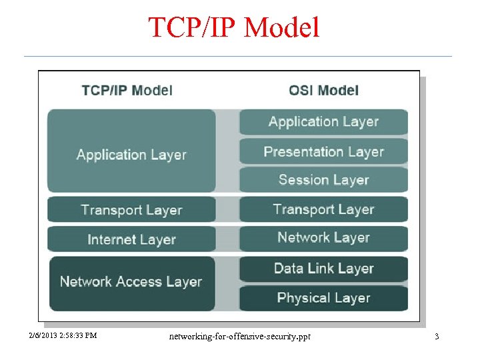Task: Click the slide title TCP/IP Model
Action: pyautogui.click(x=234, y=27)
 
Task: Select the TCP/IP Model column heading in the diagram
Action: pyautogui.click(x=127, y=91)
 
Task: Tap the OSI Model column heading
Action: pyautogui.click(x=323, y=91)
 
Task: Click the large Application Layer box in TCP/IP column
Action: pyautogui.click(x=131, y=152)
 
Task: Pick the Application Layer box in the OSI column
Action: pyautogui.click(x=323, y=122)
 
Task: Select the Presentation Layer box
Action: pyautogui.click(x=323, y=151)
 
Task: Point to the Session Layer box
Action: pyautogui.click(x=323, y=180)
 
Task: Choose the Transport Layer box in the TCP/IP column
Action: pyautogui.click(x=131, y=209)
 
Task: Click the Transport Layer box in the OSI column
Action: pyautogui.click(x=323, y=209)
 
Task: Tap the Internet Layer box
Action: pyautogui.click(x=131, y=239)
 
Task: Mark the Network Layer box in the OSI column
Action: pyautogui.click(x=323, y=238)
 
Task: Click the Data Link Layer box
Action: pyautogui.click(x=323, y=269)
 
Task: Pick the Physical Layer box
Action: pyautogui.click(x=323, y=298)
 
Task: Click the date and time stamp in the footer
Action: pyautogui.click(x=63, y=336)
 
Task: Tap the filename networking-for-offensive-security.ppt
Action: pyautogui.click(x=239, y=336)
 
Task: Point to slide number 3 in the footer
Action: pyautogui.click(x=437, y=337)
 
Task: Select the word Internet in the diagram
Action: pyautogui.click(x=111, y=239)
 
